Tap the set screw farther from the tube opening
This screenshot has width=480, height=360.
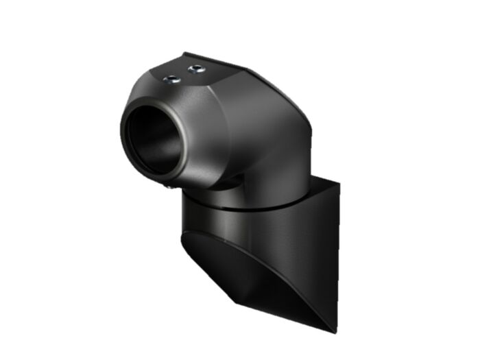196,69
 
